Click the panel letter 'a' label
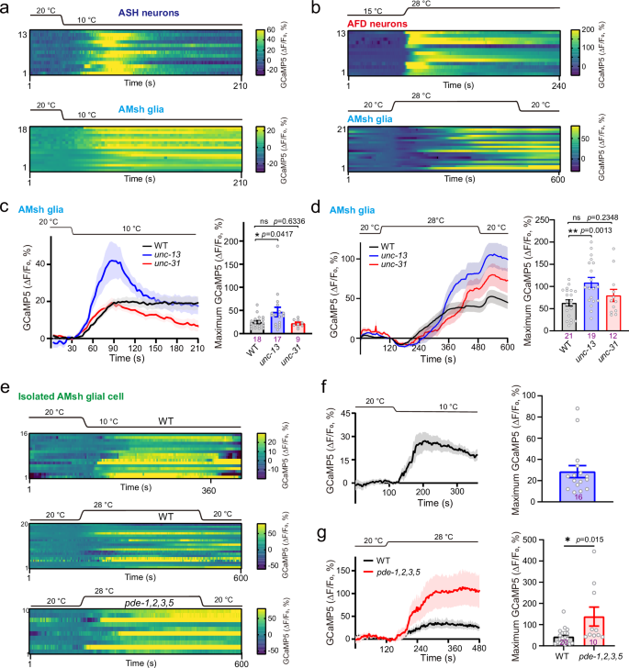coord(6,8)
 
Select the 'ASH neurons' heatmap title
coord(149,14)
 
